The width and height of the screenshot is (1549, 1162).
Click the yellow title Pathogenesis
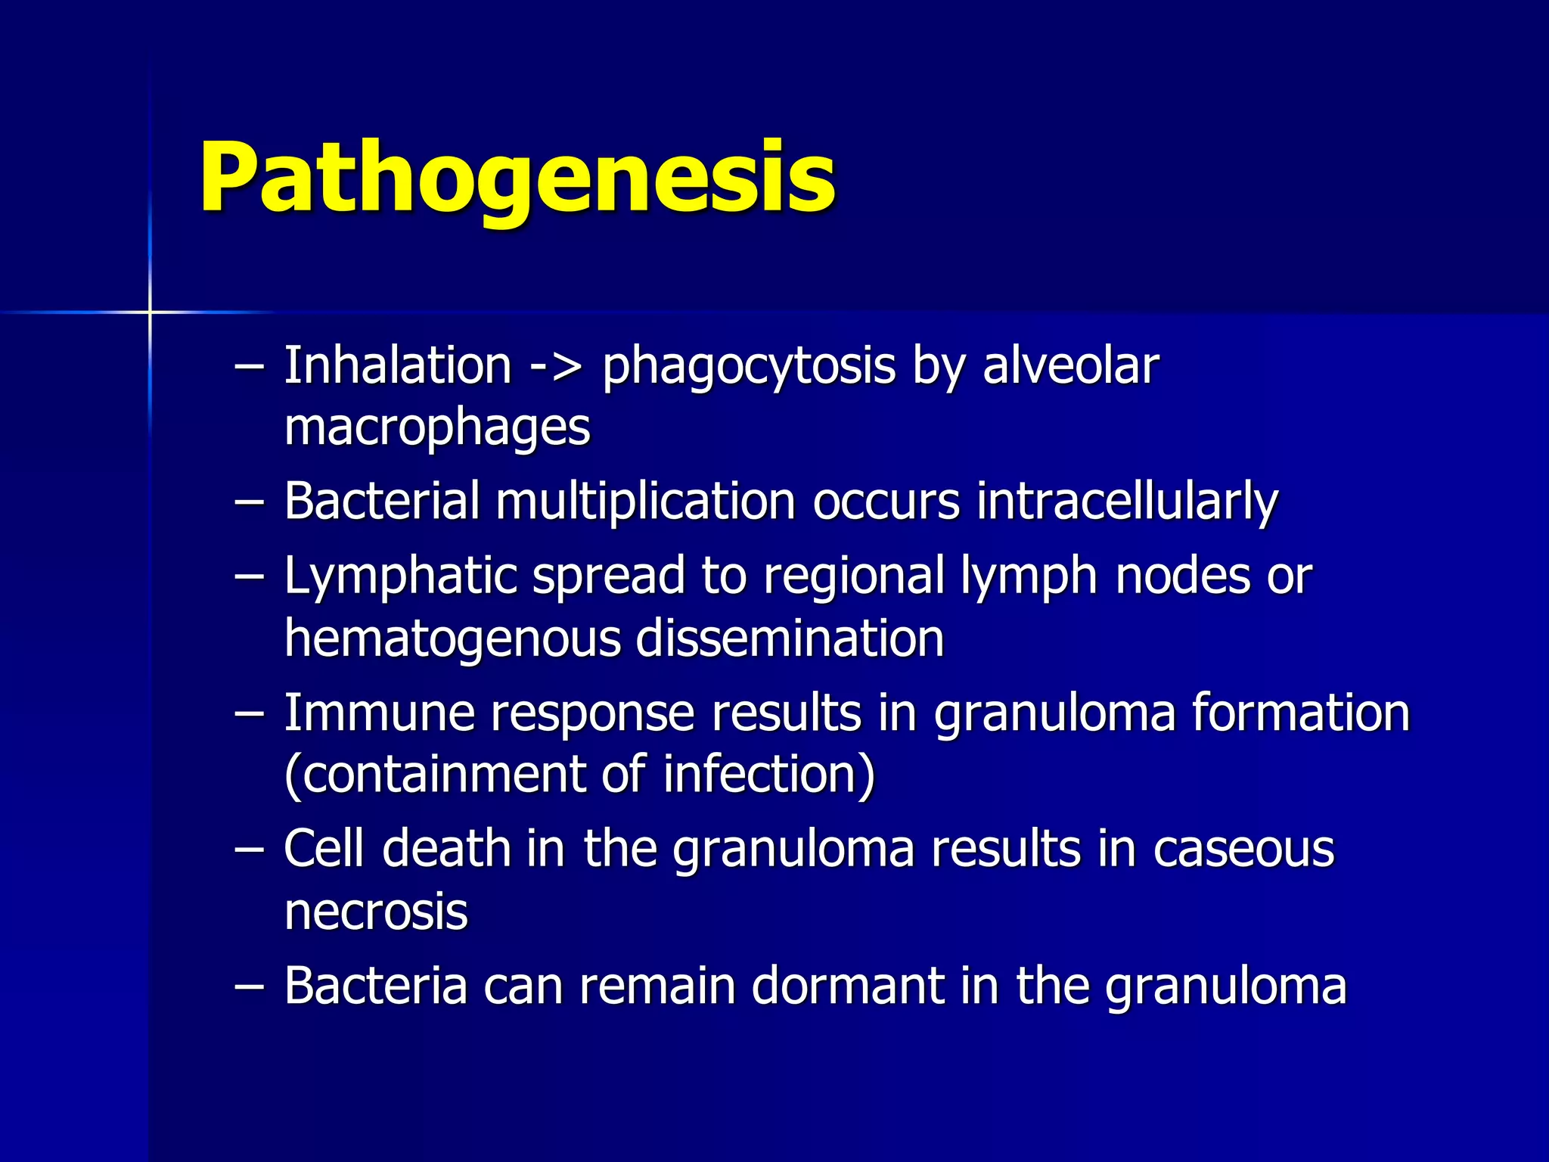click(x=517, y=179)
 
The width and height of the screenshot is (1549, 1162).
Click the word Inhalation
click(x=398, y=366)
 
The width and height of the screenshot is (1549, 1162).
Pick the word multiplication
click(x=645, y=501)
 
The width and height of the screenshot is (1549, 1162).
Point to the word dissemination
click(x=790, y=638)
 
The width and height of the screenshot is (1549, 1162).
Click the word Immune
click(x=377, y=713)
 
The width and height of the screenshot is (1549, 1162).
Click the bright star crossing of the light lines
click(x=150, y=312)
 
